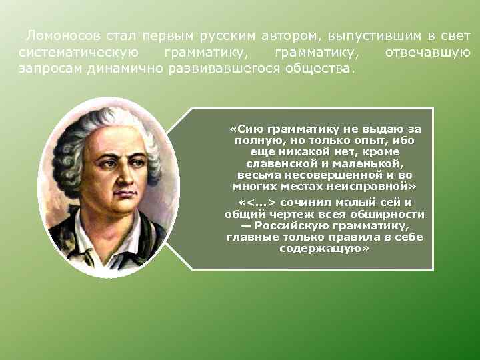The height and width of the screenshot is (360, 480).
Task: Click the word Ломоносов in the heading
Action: (x=59, y=35)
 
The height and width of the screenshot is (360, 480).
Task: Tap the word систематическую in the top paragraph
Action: (x=79, y=52)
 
